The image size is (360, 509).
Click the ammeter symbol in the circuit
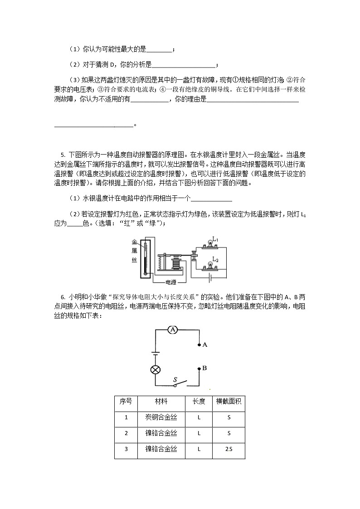click(x=172, y=330)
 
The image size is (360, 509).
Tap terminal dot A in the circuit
click(x=199, y=345)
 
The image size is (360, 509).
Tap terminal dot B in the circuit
click(x=199, y=369)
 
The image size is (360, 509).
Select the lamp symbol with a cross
click(x=156, y=369)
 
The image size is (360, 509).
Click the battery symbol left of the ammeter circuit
click(x=156, y=352)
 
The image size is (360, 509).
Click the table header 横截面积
click(x=229, y=402)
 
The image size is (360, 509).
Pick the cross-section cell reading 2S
click(x=229, y=449)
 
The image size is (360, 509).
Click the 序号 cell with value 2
click(x=126, y=433)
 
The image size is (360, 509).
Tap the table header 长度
click(x=199, y=402)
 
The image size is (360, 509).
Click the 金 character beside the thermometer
click(x=134, y=242)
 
